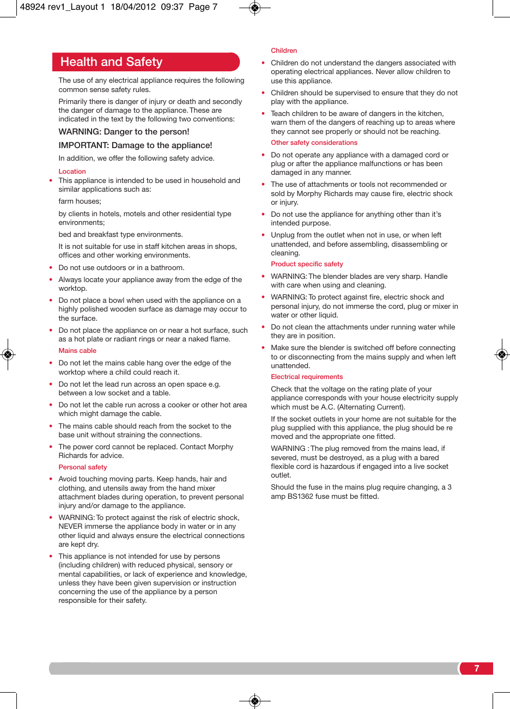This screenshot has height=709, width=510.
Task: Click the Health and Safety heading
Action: point(111,62)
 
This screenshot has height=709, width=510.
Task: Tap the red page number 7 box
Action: point(476,669)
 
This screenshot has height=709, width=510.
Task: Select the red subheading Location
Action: point(72,172)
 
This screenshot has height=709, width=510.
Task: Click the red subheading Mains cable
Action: point(77,351)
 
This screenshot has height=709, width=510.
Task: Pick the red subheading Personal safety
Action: point(83,467)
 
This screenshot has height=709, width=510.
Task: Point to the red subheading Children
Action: point(284,51)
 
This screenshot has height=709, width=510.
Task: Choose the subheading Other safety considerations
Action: point(314,143)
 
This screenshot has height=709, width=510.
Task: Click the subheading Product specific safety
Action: point(307,264)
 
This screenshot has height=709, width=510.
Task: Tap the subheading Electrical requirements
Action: point(307,377)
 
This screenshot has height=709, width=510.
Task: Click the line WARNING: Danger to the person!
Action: point(124,132)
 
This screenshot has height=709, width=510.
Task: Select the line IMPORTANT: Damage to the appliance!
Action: point(135,145)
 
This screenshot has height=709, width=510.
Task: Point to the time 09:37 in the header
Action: point(172,7)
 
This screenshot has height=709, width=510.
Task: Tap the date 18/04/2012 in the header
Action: point(133,7)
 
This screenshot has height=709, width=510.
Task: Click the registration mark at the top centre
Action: point(254,8)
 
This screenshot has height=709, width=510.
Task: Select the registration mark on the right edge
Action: point(502,354)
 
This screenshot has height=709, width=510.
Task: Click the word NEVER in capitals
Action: point(70,527)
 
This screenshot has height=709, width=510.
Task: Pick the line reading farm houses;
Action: point(80,201)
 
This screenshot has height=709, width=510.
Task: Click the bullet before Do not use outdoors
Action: point(51,268)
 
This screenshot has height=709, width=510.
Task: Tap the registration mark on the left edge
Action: point(8,354)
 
